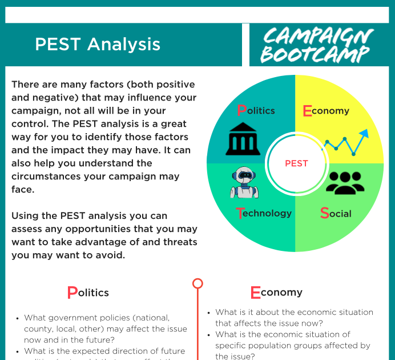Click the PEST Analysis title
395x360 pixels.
(x=98, y=45)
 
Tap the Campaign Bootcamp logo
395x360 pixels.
(x=317, y=45)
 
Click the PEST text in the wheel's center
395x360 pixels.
(x=296, y=163)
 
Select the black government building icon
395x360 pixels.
(x=243, y=139)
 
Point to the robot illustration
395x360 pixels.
(x=244, y=182)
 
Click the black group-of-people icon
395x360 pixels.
(x=345, y=183)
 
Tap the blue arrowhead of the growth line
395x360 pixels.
(x=364, y=134)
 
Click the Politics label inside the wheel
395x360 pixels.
(x=256, y=110)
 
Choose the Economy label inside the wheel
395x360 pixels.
(x=326, y=111)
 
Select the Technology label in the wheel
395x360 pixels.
(x=264, y=213)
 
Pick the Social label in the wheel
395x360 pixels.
(x=336, y=213)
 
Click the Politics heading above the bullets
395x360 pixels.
(x=88, y=293)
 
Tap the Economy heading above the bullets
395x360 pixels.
(x=276, y=293)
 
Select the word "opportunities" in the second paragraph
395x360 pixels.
(x=98, y=229)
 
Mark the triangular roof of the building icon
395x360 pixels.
(x=243, y=127)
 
